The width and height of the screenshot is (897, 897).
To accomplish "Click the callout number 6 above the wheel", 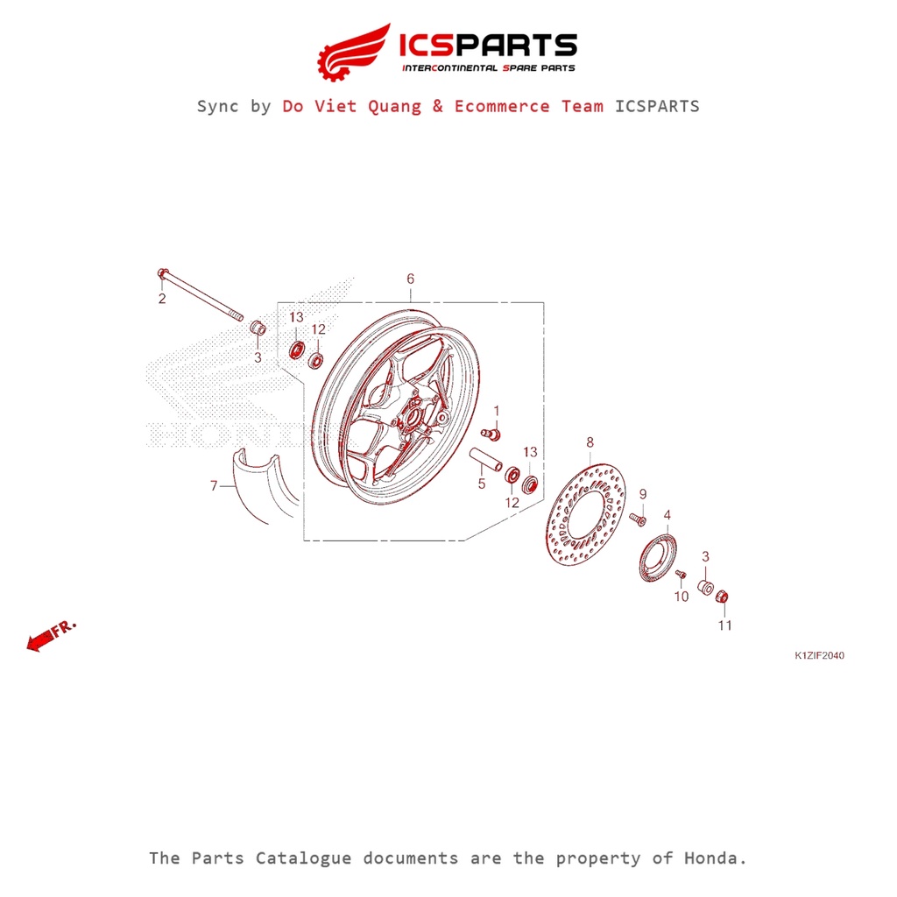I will [410, 279].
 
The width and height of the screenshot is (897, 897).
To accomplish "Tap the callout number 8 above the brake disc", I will [590, 442].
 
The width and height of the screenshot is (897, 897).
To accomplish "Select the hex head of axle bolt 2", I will [162, 274].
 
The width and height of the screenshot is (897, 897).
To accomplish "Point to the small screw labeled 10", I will [680, 574].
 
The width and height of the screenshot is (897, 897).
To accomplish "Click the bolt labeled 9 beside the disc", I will [638, 520].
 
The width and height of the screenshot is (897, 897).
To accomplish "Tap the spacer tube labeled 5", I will [485, 459].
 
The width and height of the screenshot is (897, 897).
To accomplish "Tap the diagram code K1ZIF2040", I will [819, 655].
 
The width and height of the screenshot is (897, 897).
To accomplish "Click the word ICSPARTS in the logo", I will [487, 45].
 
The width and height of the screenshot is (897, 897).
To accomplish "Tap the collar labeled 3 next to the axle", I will [258, 328].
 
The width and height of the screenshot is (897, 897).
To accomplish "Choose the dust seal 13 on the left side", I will [296, 351].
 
